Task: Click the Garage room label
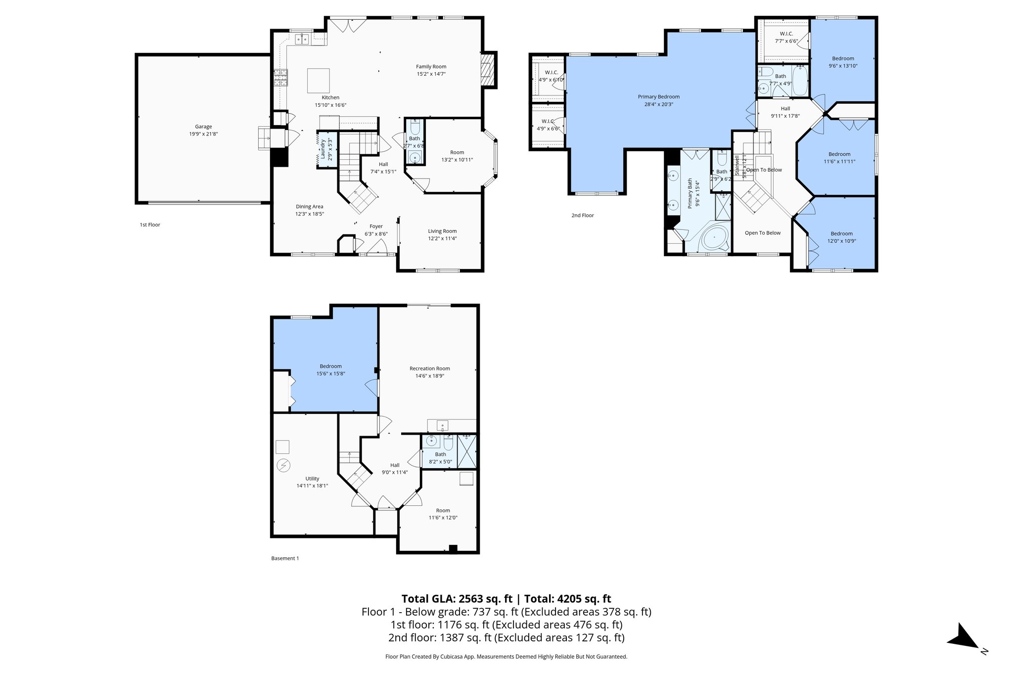click(203, 127)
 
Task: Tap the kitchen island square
click(319, 81)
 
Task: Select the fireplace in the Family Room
click(487, 70)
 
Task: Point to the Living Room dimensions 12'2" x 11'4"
click(442, 238)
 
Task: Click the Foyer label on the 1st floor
click(376, 226)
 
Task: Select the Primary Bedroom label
click(658, 97)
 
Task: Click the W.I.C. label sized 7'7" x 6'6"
click(783, 34)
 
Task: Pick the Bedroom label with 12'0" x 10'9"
click(841, 234)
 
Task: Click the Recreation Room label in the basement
click(429, 368)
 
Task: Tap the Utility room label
click(312, 479)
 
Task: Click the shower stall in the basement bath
click(467, 451)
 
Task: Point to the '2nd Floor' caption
click(582, 216)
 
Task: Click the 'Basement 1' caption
click(285, 558)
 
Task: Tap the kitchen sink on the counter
click(302, 38)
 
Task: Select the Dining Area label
click(310, 207)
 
